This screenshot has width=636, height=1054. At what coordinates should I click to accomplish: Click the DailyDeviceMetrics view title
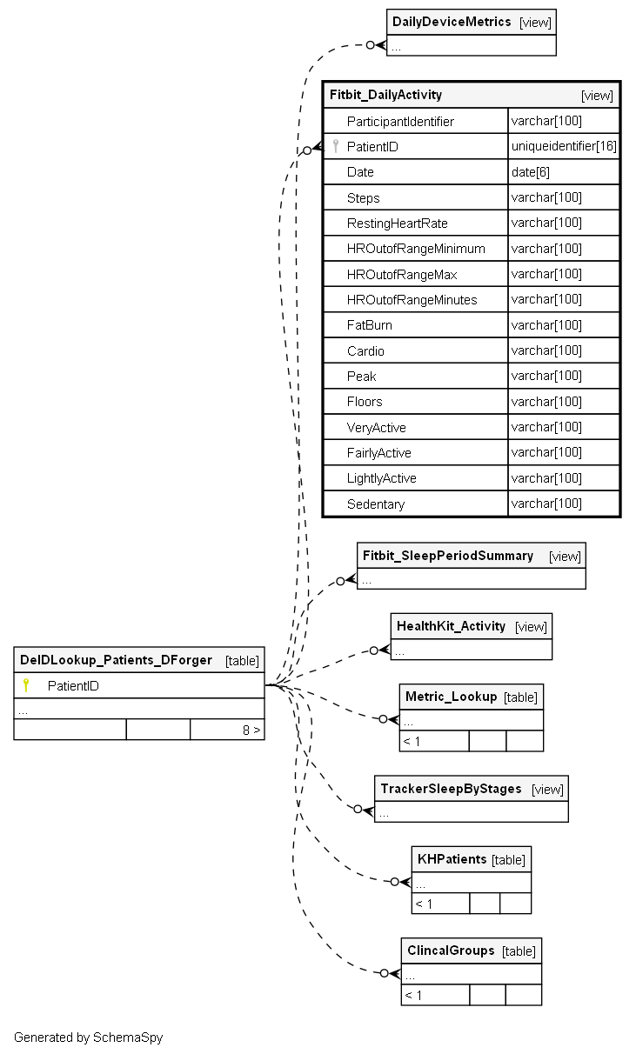pyautogui.click(x=452, y=22)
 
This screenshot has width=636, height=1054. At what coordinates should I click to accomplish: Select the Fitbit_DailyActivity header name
pyautogui.click(x=385, y=95)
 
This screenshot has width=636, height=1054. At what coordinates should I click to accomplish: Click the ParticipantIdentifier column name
pyautogui.click(x=400, y=122)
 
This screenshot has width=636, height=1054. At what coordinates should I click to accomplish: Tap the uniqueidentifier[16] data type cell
pyautogui.click(x=564, y=146)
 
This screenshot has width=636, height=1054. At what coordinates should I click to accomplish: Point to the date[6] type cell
pyautogui.click(x=531, y=172)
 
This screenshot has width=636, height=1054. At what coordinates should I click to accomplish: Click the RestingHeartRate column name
pyautogui.click(x=398, y=223)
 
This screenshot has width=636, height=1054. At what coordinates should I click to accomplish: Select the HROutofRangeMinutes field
pyautogui.click(x=412, y=300)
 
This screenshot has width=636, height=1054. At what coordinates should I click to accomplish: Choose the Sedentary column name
pyautogui.click(x=376, y=504)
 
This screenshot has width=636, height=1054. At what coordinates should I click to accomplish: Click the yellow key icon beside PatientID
pyautogui.click(x=26, y=685)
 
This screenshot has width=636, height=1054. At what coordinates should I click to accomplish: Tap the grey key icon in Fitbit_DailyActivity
pyautogui.click(x=336, y=146)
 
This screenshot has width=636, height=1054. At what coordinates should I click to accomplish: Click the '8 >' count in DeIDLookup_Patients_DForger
pyautogui.click(x=251, y=730)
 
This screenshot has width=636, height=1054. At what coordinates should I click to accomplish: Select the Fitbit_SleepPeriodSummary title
pyautogui.click(x=448, y=556)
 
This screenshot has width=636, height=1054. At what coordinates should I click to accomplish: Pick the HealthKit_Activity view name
pyautogui.click(x=451, y=626)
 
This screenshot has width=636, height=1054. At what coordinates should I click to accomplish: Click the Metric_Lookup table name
pyautogui.click(x=451, y=697)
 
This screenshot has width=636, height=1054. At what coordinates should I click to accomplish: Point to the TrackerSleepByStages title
pyautogui.click(x=451, y=789)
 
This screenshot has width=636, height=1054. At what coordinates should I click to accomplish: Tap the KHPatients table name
pyautogui.click(x=452, y=859)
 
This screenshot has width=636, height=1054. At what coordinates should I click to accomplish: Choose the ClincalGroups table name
pyautogui.click(x=451, y=951)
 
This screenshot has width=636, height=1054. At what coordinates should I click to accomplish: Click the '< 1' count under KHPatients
pyautogui.click(x=424, y=904)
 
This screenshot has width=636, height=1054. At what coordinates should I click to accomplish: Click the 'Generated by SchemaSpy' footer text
pyautogui.click(x=89, y=1037)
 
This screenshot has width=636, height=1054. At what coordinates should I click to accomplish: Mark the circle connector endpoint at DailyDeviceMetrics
pyautogui.click(x=371, y=45)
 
